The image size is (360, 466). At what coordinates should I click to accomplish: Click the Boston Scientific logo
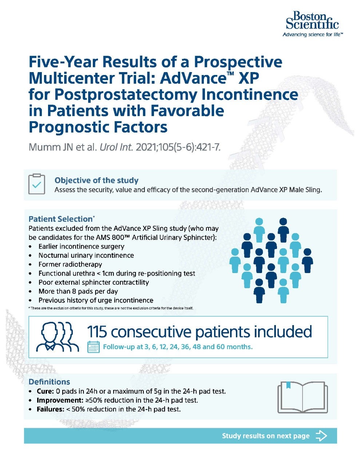[x=312, y=23]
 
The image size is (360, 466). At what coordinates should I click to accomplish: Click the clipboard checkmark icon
[x=37, y=184]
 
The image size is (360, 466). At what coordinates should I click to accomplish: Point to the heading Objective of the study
[x=96, y=180]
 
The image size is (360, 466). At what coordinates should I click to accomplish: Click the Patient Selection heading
[x=61, y=219]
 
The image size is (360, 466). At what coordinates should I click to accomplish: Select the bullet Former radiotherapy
[x=70, y=264]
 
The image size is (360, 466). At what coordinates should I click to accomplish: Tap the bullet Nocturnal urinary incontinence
[x=86, y=255]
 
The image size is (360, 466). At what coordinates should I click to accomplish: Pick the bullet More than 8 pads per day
[x=78, y=291]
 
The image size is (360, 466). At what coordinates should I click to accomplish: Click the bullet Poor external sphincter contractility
[x=94, y=282]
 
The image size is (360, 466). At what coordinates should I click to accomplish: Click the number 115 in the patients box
[x=98, y=332]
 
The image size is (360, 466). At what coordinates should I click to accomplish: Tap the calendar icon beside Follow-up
[x=94, y=347]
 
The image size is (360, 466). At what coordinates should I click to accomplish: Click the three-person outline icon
[x=56, y=336]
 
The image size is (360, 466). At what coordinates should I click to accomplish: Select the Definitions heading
[x=49, y=382]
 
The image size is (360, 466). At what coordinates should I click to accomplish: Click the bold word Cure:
[x=45, y=391]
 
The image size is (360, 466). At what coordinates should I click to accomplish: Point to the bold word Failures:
[x=50, y=409]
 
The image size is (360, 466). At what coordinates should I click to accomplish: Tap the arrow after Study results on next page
[x=321, y=436]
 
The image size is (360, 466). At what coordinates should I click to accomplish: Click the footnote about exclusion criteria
[x=111, y=308]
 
